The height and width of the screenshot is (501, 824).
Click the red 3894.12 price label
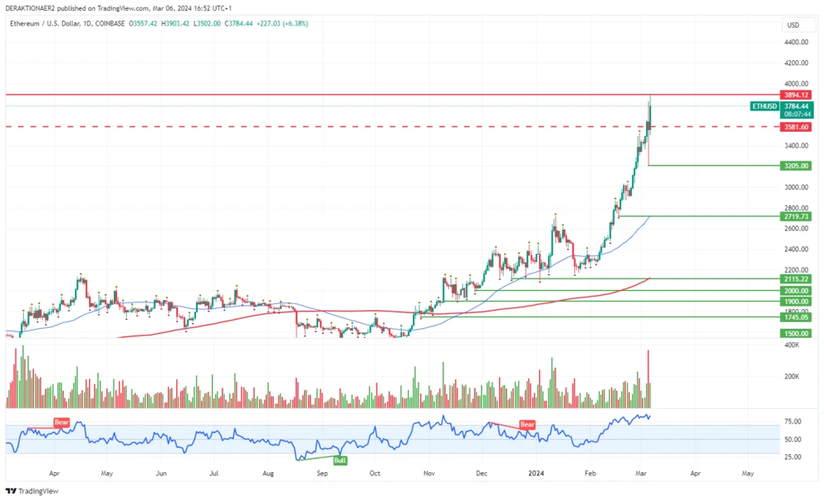click(x=795, y=95)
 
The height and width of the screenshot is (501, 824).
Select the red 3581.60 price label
click(x=795, y=127)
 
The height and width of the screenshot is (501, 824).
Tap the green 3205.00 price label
click(x=795, y=166)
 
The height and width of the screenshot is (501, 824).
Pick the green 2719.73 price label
click(x=795, y=216)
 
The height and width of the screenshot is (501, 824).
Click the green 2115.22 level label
click(x=795, y=279)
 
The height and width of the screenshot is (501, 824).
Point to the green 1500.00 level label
click(x=795, y=333)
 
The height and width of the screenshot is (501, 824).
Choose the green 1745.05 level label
click(x=795, y=316)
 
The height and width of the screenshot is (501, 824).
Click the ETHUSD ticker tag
click(x=764, y=106)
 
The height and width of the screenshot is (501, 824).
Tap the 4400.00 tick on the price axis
click(x=795, y=42)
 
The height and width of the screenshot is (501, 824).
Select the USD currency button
click(x=794, y=25)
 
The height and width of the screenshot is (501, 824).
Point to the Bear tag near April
click(x=62, y=423)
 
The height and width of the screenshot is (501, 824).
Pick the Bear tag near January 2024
click(x=527, y=424)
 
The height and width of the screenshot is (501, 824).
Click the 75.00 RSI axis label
click(x=793, y=421)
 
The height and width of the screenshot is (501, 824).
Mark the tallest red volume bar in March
click(x=648, y=379)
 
